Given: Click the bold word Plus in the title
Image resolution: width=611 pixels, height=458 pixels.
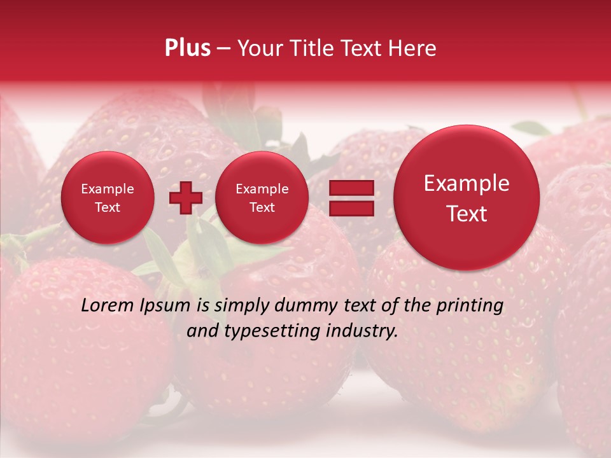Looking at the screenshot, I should pos(188,48).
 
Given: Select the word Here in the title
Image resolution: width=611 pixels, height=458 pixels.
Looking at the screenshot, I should pos(413,48).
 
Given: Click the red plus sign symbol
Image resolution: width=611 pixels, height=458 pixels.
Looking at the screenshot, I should pos(185,198).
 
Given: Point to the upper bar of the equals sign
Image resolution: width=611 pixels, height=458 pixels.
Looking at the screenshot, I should pos(351,188).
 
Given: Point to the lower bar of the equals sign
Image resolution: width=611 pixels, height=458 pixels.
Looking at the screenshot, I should pos(351,208).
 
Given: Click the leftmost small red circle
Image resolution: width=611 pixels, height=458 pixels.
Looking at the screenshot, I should pos(107,198).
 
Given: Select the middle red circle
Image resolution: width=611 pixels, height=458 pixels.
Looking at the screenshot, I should pos(262,198).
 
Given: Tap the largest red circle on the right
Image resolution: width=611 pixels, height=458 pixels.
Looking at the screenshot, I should pos(467,198).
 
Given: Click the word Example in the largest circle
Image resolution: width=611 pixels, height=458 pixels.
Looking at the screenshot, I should pos(467,183).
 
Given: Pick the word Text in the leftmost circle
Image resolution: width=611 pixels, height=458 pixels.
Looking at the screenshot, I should pos(107,207).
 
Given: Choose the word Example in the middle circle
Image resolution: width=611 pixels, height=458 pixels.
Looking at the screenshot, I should pos(262,189).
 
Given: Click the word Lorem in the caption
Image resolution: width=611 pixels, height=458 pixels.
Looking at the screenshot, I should pos(107,305).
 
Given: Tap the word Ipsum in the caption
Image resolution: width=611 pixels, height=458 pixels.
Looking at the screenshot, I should pos(168,305).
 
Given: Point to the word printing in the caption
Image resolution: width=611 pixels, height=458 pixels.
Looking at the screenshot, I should pos(470,305).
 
